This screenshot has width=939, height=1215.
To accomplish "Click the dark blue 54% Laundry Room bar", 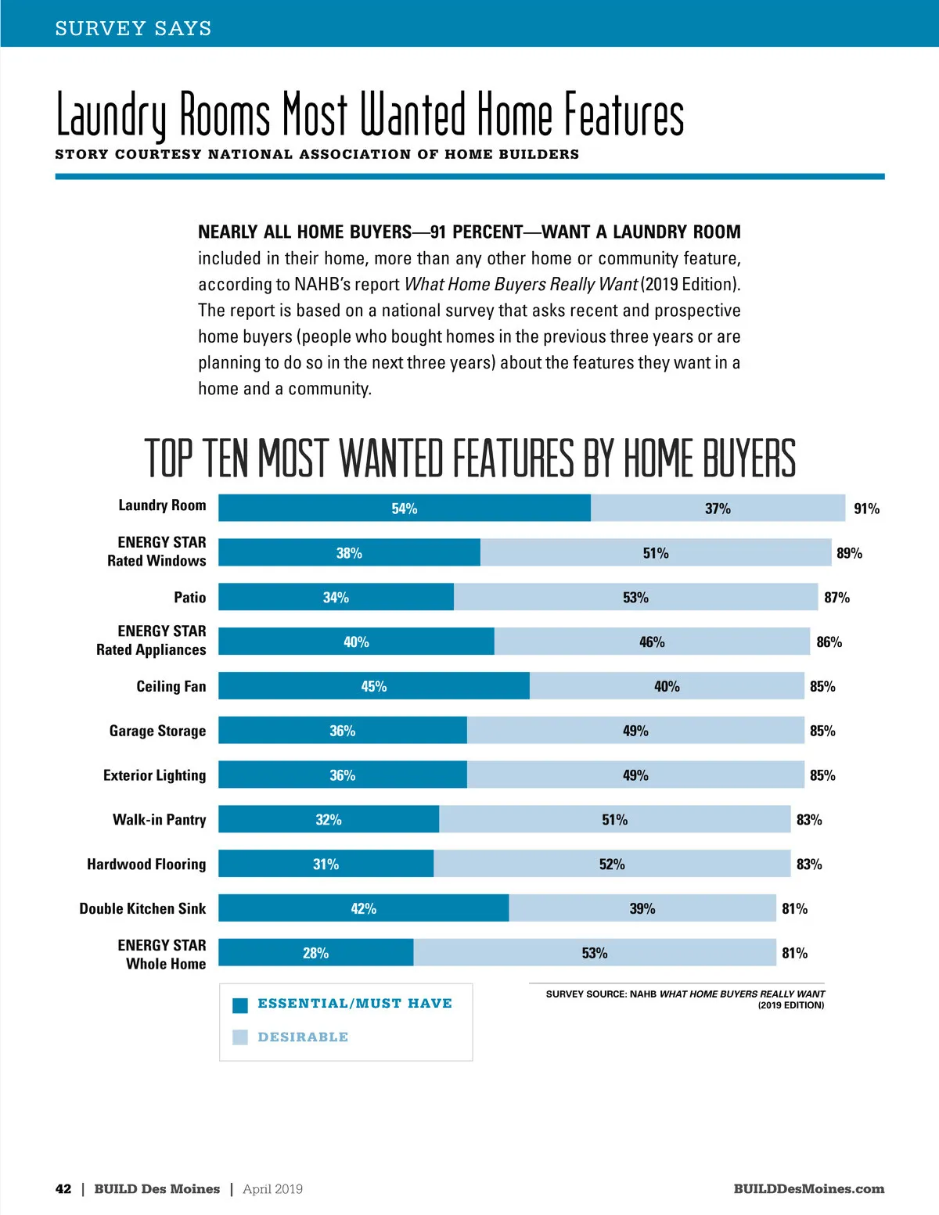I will click(x=404, y=508).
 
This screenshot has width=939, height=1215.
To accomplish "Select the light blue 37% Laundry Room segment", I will click(x=718, y=508).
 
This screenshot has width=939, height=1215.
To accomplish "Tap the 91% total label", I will click(x=866, y=509).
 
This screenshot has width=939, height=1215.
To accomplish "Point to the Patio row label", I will click(x=190, y=597).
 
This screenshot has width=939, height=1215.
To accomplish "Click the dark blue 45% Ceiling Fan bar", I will click(x=373, y=685).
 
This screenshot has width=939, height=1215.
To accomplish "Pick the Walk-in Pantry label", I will click(x=159, y=819).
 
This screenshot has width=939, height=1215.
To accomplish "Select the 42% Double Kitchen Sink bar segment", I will click(x=363, y=908).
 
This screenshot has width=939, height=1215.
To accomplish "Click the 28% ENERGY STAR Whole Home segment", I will click(x=315, y=952).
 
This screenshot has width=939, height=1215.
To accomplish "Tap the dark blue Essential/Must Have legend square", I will click(x=240, y=1005).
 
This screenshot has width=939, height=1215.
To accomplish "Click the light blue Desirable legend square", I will click(x=240, y=1037).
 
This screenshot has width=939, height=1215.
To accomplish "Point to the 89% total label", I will click(x=849, y=553).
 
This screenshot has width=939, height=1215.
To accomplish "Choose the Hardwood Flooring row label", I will click(x=146, y=864).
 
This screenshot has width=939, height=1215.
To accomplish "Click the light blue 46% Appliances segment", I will click(x=652, y=642).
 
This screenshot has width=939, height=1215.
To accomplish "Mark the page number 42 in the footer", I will click(x=63, y=1188).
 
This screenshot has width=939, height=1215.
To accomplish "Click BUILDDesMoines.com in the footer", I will click(x=808, y=1188).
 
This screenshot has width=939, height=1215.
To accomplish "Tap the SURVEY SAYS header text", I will click(x=133, y=28).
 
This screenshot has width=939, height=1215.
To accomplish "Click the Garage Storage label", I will click(x=157, y=730).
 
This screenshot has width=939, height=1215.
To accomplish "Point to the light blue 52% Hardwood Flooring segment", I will click(x=612, y=864).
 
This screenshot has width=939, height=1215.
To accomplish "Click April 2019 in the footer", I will click(x=272, y=1188).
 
